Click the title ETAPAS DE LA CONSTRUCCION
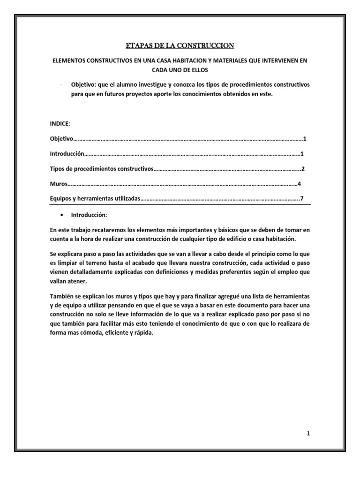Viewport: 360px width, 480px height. [x=180, y=45]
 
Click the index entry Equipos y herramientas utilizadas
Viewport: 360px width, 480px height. [x=95, y=199]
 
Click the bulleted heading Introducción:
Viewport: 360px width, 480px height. [x=89, y=215]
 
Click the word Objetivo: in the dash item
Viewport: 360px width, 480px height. [x=84, y=84]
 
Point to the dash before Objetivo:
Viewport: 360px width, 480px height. [x=62, y=84]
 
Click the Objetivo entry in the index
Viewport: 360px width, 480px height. [x=62, y=139]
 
